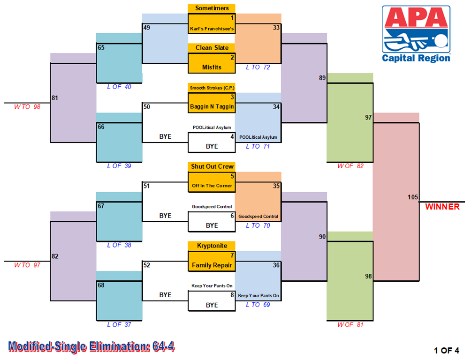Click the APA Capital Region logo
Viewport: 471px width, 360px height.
[x=416, y=34]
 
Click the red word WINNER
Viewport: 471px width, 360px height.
[x=442, y=207]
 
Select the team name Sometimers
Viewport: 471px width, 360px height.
[x=212, y=8]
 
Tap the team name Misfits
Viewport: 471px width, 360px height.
[x=212, y=67]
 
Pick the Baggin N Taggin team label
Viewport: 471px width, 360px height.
[x=212, y=106]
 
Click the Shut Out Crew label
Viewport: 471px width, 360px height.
[x=212, y=166]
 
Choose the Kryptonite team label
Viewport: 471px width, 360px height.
[x=212, y=246]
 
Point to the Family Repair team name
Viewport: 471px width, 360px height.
[x=212, y=265]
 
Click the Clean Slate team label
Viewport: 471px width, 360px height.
[x=212, y=48]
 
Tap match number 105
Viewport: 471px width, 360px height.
[x=413, y=197]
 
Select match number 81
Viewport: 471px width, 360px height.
[x=55, y=98]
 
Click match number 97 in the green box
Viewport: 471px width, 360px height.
[x=368, y=117]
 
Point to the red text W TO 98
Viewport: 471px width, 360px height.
[x=27, y=107]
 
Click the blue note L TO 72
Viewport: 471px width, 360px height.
[x=258, y=67]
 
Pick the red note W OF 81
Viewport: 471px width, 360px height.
[x=350, y=324]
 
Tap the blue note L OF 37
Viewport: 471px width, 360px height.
[x=119, y=324]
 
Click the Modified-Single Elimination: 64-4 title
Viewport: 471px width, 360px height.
[x=91, y=346]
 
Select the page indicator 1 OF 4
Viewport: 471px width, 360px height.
[x=446, y=351]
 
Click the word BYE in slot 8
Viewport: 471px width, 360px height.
[x=212, y=305]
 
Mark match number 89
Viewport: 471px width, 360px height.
[x=322, y=78]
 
